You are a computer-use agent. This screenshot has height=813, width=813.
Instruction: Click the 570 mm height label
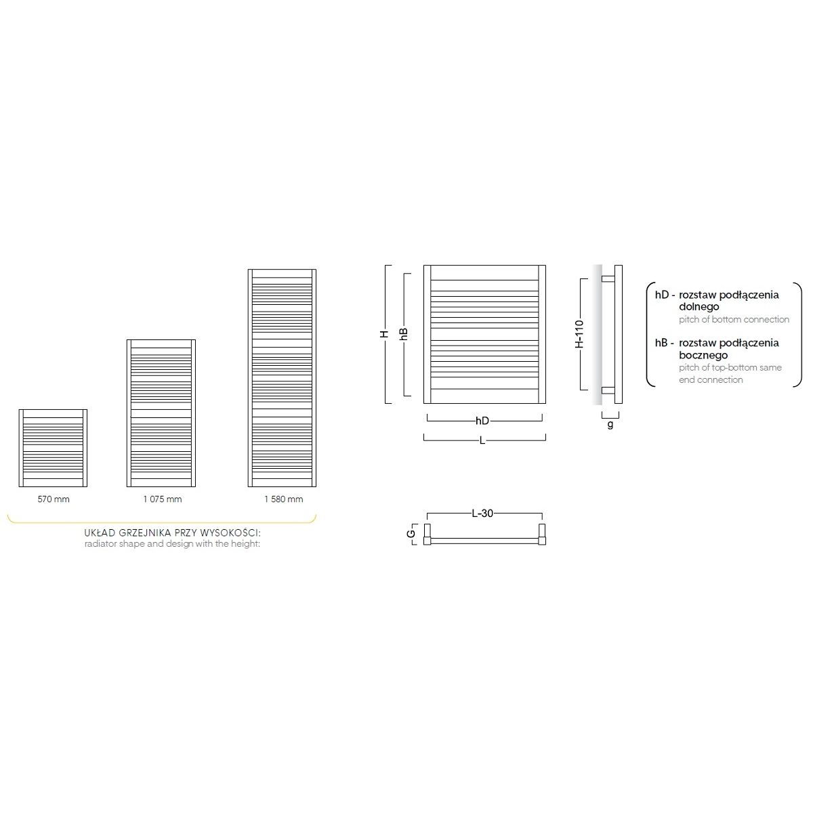coord(54,499)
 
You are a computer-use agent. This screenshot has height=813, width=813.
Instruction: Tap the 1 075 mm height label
coord(162,499)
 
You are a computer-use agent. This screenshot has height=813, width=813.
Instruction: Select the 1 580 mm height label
coord(283,499)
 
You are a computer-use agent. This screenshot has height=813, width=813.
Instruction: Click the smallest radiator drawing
coord(53,448)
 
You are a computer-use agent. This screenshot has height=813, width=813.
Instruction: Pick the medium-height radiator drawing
coord(161,413)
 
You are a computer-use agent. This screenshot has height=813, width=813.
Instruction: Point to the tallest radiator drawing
coord(282,378)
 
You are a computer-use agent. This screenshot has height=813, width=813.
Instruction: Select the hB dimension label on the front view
coord(404,334)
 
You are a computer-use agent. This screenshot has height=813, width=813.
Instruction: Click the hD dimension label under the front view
coord(482,421)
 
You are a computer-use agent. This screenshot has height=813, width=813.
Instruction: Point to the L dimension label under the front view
coord(482,440)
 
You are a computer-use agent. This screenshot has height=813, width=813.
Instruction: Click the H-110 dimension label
coord(579,334)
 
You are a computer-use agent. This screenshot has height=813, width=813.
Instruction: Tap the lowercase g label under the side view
coord(610,425)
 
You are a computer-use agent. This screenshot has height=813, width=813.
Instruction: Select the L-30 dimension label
coord(482,514)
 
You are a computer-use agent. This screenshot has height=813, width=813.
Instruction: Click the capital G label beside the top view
coord(411,534)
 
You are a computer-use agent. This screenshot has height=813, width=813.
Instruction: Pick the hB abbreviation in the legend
coord(661,343)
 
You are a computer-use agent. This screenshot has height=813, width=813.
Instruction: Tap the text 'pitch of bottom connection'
coord(734,319)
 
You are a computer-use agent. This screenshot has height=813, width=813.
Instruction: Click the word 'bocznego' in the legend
coord(703,355)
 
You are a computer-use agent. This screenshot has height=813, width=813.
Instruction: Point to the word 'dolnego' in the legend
coord(699,307)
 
